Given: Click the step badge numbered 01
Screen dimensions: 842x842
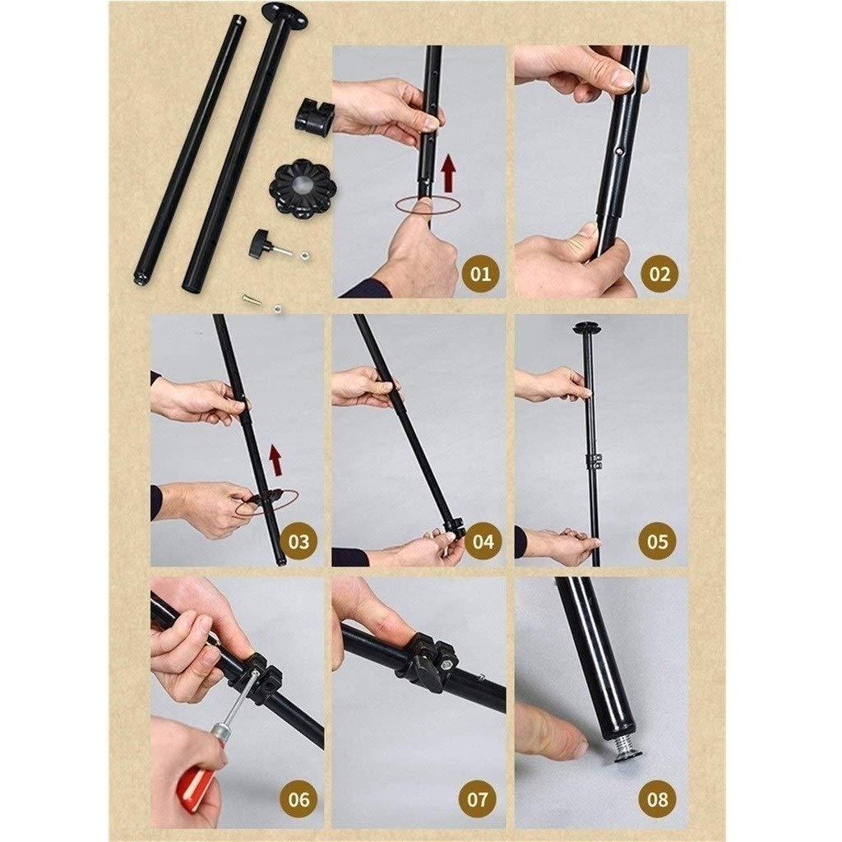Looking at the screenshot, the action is (480, 274).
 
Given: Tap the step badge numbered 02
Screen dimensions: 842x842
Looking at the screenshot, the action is (660, 274).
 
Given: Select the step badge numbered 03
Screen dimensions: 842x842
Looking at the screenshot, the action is (298, 541).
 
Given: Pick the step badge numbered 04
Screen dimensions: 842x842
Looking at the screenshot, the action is (483, 541).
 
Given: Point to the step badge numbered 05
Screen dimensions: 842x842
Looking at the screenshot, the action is (657, 541).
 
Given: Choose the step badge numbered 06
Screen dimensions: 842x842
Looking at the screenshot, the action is (298, 799).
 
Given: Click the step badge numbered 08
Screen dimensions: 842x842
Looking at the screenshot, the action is (657, 799).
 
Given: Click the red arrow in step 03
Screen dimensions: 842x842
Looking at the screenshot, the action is (275, 460).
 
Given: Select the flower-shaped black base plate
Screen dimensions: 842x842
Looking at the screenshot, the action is (303, 191).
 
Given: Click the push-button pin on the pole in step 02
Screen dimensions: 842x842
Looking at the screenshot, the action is (621, 152).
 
